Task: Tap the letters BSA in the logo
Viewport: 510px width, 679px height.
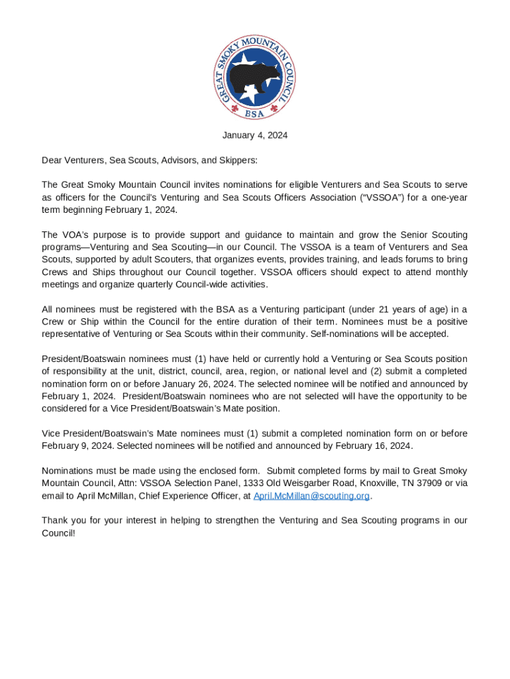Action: coord(255,113)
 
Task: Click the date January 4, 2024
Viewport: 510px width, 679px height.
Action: coord(254,135)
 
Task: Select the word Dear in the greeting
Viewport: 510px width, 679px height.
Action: coord(52,160)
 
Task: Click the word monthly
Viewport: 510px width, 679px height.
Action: coord(450,272)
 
